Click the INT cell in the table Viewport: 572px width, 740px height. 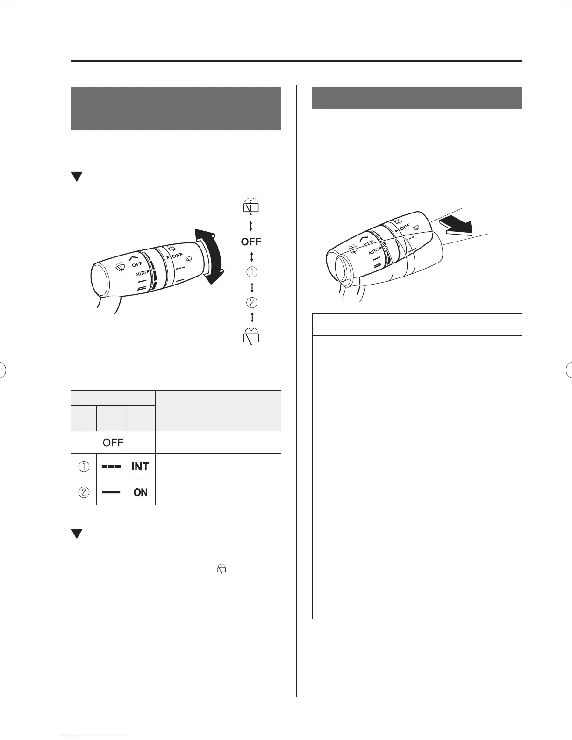click(x=140, y=467)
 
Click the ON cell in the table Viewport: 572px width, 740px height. click(x=140, y=492)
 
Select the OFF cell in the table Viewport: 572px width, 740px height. click(x=113, y=442)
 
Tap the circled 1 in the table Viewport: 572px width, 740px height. click(x=84, y=467)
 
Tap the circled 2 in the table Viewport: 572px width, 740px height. click(x=84, y=492)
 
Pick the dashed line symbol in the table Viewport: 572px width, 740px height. click(x=111, y=467)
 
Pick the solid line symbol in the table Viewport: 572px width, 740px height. click(x=111, y=492)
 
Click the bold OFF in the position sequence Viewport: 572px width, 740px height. click(x=251, y=242)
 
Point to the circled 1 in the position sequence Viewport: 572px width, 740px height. click(x=252, y=272)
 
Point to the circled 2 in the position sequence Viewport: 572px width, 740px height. click(x=252, y=302)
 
